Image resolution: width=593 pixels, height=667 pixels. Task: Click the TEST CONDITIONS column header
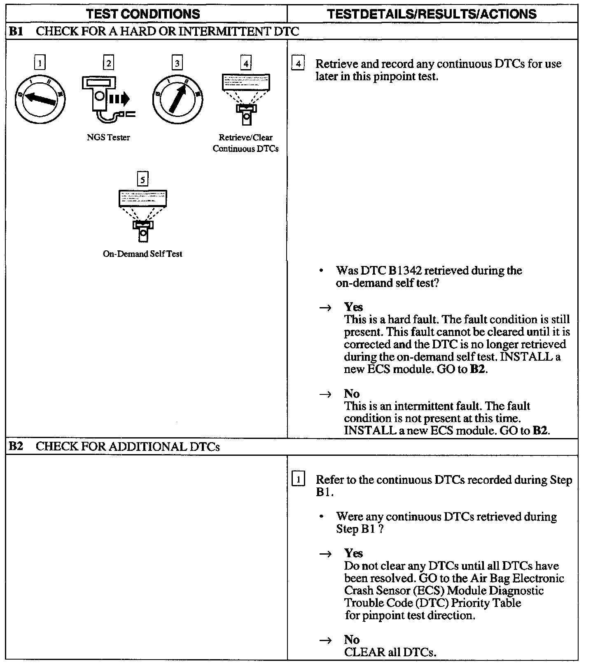pos(143,14)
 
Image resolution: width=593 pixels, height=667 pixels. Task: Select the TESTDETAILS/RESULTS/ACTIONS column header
pos(432,14)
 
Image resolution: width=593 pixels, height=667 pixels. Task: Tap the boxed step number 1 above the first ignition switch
pos(40,63)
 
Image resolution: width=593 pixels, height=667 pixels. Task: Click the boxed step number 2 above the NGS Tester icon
pos(108,63)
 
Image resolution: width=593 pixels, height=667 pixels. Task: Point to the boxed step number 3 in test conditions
pos(177,63)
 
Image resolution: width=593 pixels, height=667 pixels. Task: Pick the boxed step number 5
pos(142,180)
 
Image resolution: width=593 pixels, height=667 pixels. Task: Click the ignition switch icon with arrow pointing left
pos(40,99)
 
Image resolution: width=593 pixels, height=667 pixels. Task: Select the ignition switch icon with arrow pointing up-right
pos(177,99)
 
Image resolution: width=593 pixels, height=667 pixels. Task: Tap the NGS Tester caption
pos(108,138)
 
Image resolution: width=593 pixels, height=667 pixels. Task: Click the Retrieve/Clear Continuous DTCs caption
pos(245,143)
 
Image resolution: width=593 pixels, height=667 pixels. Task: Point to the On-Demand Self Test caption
pos(142,254)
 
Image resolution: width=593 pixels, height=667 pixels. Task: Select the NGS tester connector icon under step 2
pos(108,99)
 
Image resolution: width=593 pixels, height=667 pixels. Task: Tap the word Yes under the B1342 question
pos(353,307)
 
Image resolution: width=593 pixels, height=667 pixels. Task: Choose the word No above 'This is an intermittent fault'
pos(352,394)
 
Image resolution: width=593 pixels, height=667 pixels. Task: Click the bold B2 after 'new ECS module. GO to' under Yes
pos(477,369)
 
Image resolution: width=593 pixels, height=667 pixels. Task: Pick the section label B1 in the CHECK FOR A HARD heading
pos(16,31)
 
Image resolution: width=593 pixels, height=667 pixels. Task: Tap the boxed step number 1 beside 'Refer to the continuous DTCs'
pos(298,480)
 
